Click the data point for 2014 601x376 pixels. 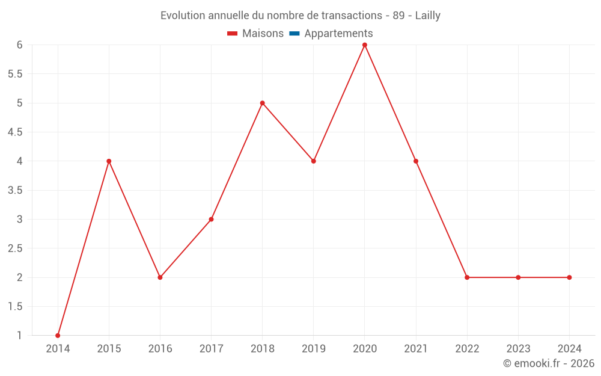[58, 336]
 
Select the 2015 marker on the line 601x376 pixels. [109, 161]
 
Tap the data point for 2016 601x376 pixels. [160, 277]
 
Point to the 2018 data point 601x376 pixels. [263, 103]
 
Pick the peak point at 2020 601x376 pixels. [365, 45]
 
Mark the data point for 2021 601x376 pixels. [416, 161]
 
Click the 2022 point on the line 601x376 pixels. [467, 277]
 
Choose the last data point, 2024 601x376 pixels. [569, 277]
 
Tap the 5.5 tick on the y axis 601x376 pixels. [15, 74]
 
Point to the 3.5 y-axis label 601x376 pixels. [15, 190]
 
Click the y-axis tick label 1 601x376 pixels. [19, 336]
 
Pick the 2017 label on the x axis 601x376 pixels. [211, 349]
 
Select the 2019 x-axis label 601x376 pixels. [314, 349]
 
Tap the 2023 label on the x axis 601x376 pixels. [518, 349]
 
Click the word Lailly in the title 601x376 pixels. [428, 16]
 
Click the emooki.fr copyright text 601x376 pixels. [549, 363]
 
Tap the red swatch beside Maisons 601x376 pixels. [233, 34]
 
